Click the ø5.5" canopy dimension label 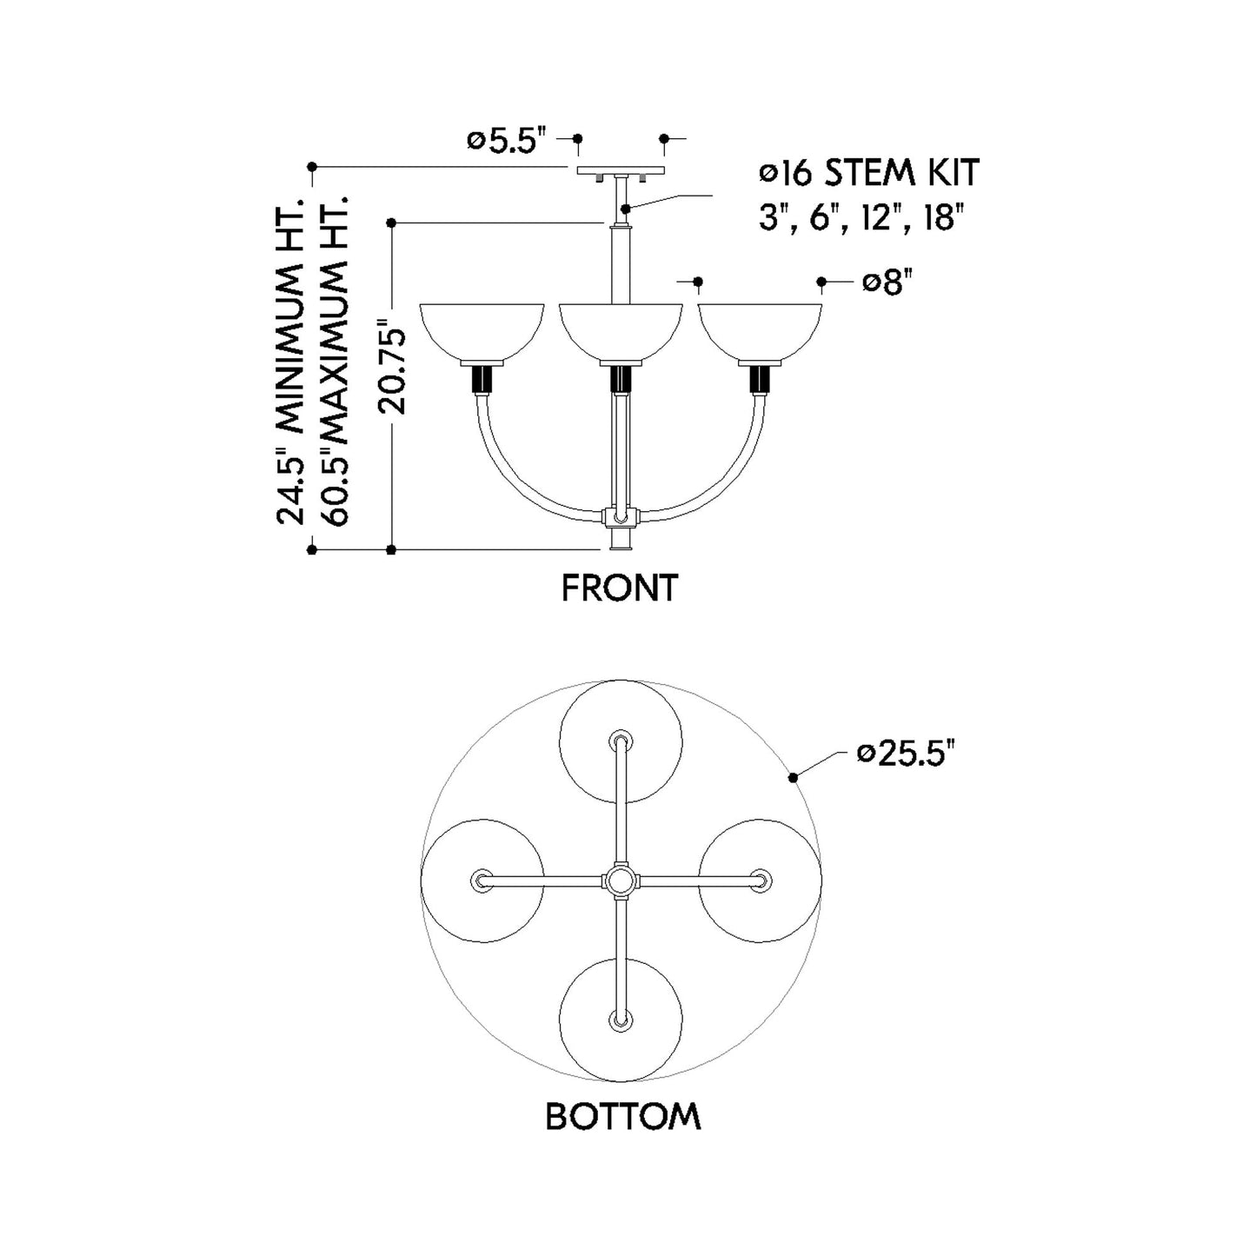506,141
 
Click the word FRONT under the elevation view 620,588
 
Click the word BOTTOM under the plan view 622,1117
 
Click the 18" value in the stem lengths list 942,217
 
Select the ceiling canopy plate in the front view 620,170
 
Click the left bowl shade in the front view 482,332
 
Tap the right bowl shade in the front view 760,332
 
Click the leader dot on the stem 626,209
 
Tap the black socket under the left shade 482,379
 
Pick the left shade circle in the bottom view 482,881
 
